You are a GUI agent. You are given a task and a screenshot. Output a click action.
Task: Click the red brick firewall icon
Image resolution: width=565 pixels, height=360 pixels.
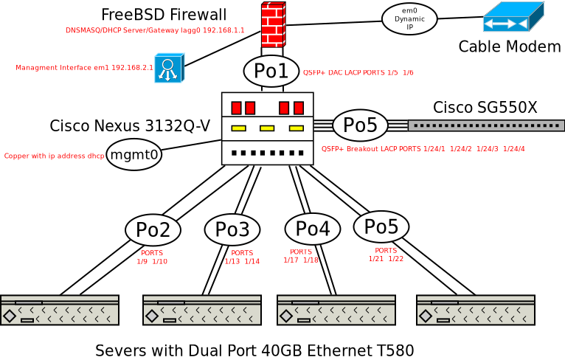(x=273, y=24)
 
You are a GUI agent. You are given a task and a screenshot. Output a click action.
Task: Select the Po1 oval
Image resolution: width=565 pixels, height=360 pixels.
(x=271, y=71)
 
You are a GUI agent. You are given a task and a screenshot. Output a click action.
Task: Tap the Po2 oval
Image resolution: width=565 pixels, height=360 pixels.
(x=153, y=230)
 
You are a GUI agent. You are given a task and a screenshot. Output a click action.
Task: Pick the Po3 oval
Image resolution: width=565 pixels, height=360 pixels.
(x=232, y=229)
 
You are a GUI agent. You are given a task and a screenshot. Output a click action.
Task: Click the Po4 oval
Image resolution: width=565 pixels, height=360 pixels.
(x=312, y=229)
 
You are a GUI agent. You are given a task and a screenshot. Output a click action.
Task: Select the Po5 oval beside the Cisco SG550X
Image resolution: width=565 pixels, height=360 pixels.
(x=360, y=125)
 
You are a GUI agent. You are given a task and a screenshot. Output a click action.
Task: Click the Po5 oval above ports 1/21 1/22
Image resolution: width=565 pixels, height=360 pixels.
(x=381, y=226)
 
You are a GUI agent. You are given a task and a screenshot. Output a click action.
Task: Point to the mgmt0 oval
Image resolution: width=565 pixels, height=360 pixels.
(x=134, y=155)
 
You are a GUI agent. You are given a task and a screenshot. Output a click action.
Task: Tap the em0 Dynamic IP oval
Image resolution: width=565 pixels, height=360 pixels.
(x=409, y=18)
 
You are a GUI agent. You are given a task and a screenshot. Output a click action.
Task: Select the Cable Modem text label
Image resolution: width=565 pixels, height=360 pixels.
(x=510, y=46)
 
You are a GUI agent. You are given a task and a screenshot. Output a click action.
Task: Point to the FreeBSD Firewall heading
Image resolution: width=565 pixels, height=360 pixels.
(x=164, y=15)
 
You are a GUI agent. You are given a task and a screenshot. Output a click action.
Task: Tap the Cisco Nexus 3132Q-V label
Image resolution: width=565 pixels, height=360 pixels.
(x=130, y=125)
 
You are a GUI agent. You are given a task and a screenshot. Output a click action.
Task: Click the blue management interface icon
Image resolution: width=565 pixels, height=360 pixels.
(x=168, y=68)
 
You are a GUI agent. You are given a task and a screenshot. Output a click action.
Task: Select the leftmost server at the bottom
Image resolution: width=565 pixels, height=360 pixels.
(x=60, y=310)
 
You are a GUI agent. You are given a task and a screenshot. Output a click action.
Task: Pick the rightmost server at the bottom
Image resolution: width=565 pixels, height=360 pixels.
(x=475, y=310)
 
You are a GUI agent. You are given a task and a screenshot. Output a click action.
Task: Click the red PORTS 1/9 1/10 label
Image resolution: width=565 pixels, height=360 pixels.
(x=152, y=257)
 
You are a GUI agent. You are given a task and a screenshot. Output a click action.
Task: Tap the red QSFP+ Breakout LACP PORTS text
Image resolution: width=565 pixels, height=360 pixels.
(x=423, y=149)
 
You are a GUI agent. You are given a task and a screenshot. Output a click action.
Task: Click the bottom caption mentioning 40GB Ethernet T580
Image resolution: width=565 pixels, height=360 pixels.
(x=254, y=350)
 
